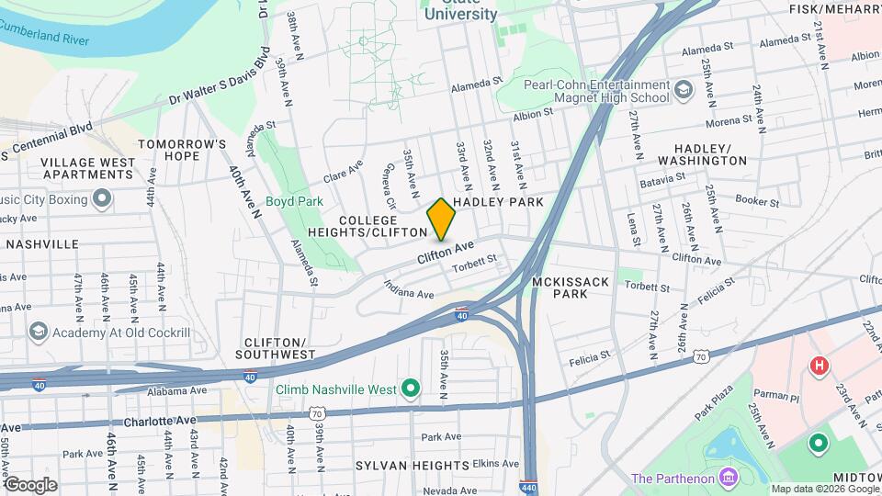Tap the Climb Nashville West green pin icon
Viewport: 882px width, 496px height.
point(412,389)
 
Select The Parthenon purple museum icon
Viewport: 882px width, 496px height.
point(729,478)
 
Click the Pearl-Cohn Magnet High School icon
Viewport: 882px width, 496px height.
point(683,89)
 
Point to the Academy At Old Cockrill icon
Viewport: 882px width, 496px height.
point(38,332)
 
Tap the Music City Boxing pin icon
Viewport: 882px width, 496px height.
point(102,199)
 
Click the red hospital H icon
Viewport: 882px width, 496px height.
point(818,366)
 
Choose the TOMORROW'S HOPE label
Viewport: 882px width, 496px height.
point(182,150)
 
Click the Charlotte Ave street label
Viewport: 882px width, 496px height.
point(160,421)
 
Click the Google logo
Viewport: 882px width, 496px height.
point(30,484)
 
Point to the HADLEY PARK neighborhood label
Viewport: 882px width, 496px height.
point(499,201)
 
